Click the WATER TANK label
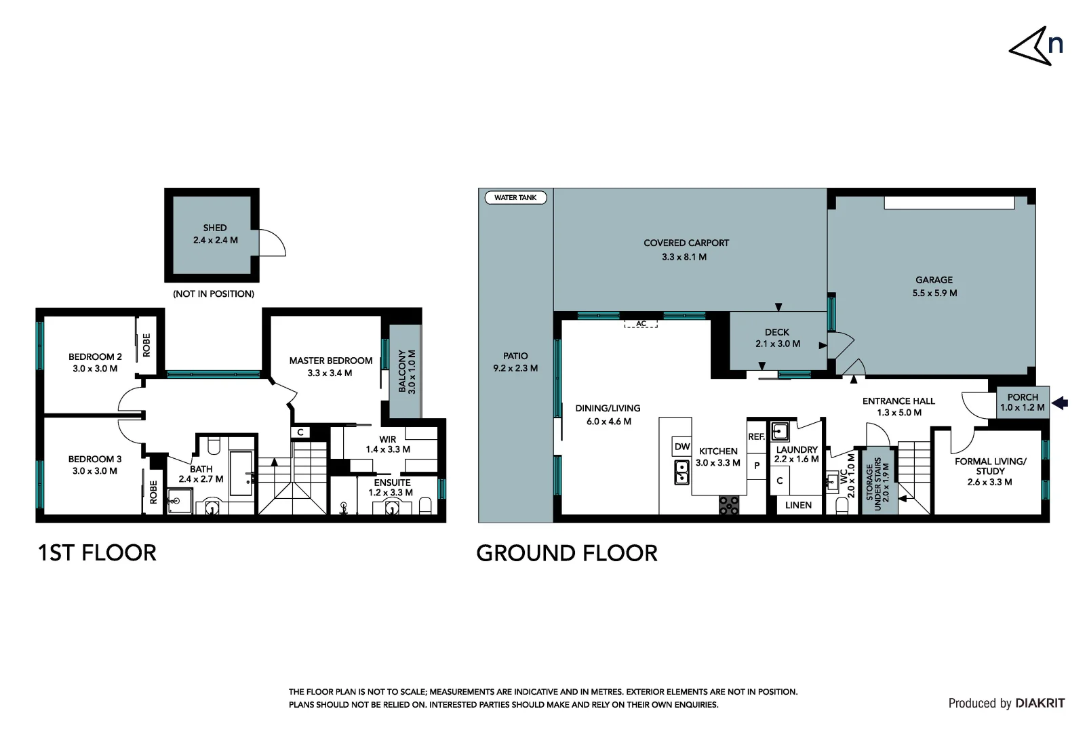pyautogui.click(x=515, y=198)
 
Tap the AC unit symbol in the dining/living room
pyautogui.click(x=641, y=324)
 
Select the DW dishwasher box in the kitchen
pyautogui.click(x=682, y=447)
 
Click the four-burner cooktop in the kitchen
pyautogui.click(x=729, y=505)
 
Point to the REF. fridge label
pyautogui.click(x=756, y=437)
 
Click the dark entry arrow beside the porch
pyautogui.click(x=1060, y=403)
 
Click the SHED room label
pyautogui.click(x=215, y=228)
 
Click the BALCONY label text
pyautogui.click(x=402, y=371)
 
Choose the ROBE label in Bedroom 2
pyautogui.click(x=146, y=345)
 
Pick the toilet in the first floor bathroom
pyautogui.click(x=214, y=446)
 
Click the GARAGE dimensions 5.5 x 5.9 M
pyautogui.click(x=934, y=293)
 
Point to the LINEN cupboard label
pyautogui.click(x=798, y=505)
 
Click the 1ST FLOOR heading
pyautogui.click(x=97, y=553)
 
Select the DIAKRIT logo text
pyautogui.click(x=1040, y=704)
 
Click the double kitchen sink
pyautogui.click(x=682, y=472)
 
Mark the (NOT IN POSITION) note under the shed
pyautogui.click(x=214, y=294)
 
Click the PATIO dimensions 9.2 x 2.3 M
pyautogui.click(x=515, y=369)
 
